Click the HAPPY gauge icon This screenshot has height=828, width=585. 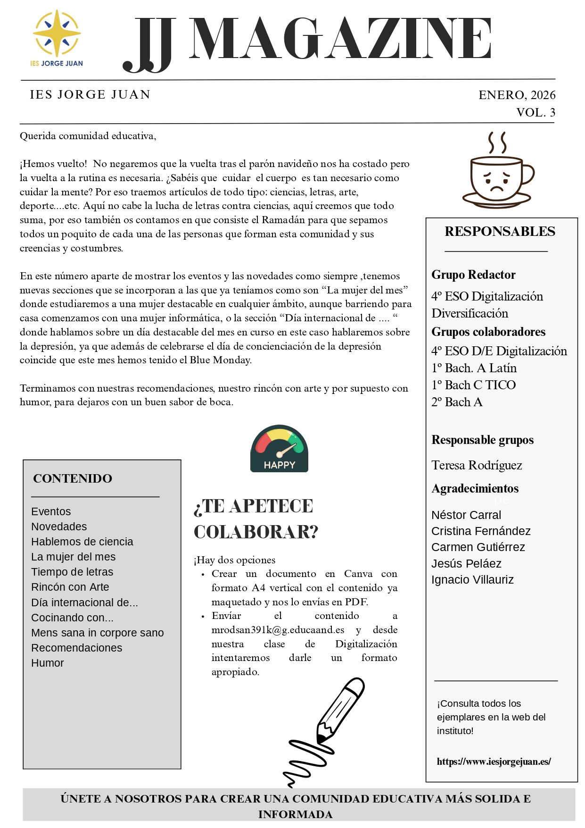click(x=279, y=449)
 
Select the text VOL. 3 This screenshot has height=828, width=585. click(x=536, y=112)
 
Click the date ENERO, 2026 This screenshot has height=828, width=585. click(x=517, y=95)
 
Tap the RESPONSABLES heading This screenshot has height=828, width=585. click(x=500, y=231)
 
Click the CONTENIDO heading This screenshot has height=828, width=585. click(x=73, y=478)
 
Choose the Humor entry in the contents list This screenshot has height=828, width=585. click(x=48, y=663)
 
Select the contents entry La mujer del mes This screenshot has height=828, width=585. click(x=73, y=557)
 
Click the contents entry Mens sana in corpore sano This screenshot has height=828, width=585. click(x=97, y=633)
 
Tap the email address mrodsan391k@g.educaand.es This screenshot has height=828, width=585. click(x=278, y=630)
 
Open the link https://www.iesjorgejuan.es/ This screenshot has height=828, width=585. click(x=494, y=761)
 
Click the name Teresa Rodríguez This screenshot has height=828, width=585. click(x=477, y=465)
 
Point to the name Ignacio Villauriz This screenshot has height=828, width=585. click(x=472, y=579)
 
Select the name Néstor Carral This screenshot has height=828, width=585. click(x=466, y=515)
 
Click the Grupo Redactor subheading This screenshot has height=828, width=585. click(x=473, y=275)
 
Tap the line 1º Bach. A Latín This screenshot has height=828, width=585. click(x=474, y=368)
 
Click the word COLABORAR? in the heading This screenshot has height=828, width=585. click(x=256, y=532)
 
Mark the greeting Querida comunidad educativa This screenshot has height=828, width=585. click(x=88, y=136)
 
